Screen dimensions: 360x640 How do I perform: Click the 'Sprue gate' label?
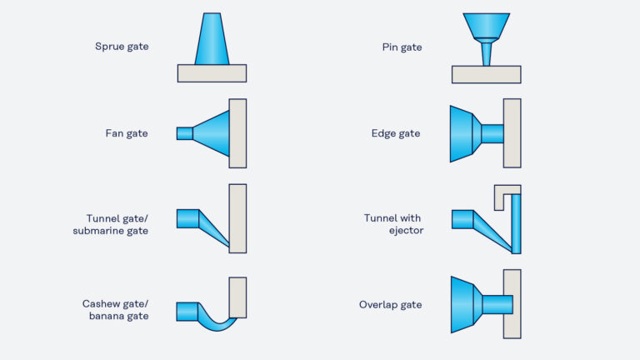[x=122, y=47]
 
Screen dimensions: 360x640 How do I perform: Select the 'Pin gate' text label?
[x=402, y=47]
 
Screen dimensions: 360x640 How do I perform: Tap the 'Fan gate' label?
[x=127, y=133]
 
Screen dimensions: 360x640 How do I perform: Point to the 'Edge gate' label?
[x=396, y=133]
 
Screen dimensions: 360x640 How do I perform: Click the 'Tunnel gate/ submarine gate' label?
[x=111, y=224]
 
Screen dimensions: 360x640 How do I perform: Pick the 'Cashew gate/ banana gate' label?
[x=115, y=310]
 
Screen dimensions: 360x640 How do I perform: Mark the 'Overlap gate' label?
[x=390, y=305]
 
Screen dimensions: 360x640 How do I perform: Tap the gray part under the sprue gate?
[x=212, y=73]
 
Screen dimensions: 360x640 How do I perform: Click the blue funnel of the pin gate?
[x=486, y=25]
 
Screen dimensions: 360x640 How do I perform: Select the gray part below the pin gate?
[x=486, y=75]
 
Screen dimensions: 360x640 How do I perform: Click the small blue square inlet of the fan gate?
[x=184, y=133]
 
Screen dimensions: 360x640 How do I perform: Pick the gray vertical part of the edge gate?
[x=512, y=133]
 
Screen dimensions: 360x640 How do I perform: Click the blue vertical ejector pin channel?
[x=516, y=223]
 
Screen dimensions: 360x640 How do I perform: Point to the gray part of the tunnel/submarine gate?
[x=237, y=218]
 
